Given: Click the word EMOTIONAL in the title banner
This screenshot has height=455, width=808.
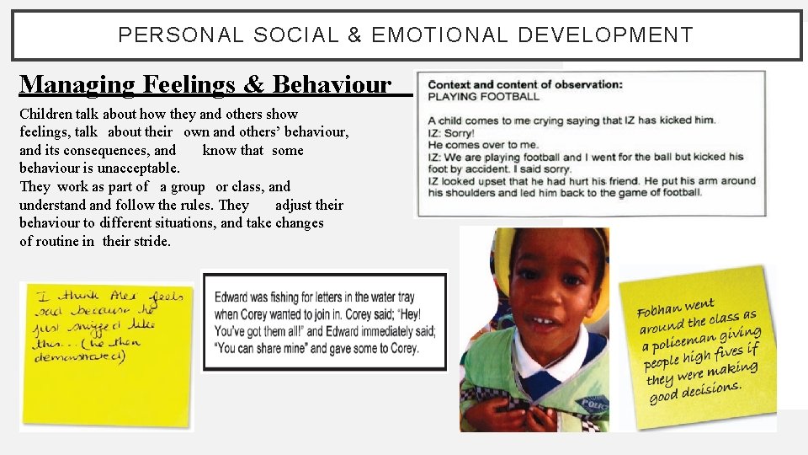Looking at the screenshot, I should coord(439,35).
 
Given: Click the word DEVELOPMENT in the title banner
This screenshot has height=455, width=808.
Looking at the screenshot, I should coord(605,35).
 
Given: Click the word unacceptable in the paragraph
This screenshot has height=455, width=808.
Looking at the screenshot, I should coord(139,169).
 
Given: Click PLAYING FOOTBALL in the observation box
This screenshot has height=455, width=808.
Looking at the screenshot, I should coord(483,97).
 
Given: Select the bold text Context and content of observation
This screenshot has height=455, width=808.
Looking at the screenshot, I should coord(525,84).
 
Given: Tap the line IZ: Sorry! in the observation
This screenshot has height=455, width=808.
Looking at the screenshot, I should coord(451,132).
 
